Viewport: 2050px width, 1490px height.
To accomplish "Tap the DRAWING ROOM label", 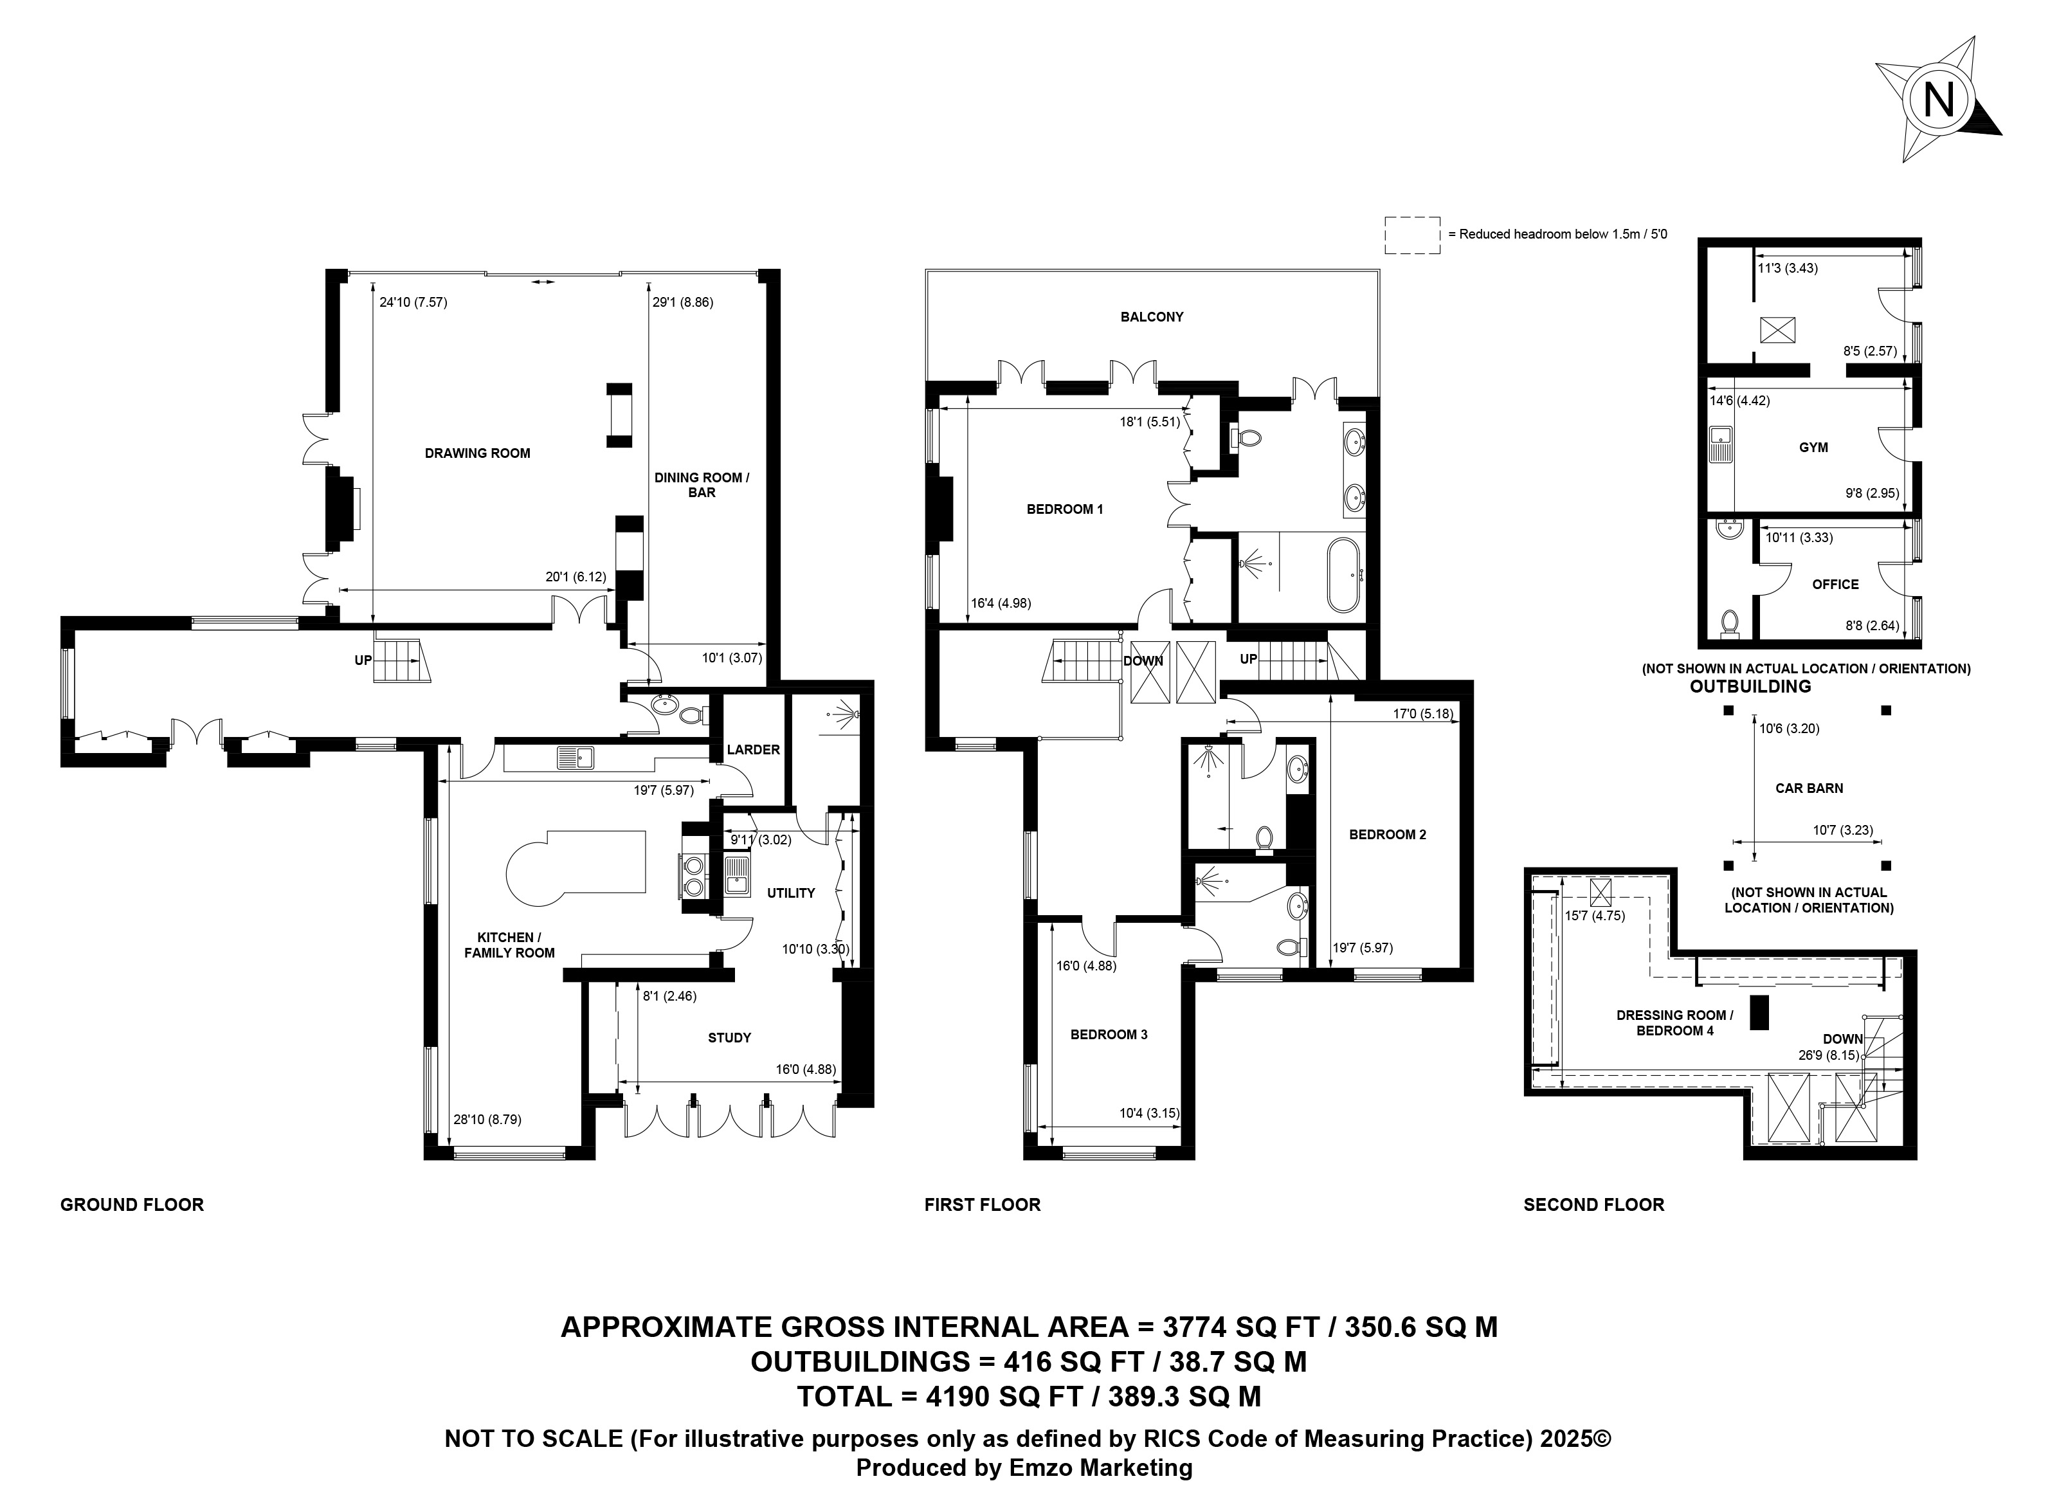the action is tap(477, 453).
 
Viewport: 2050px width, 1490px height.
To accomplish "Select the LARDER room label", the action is tap(753, 750).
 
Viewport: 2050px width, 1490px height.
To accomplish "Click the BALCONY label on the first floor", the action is tap(1152, 317).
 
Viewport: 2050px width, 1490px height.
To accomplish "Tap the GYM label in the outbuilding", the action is tap(1813, 448).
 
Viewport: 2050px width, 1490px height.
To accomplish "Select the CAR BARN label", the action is tap(1809, 788).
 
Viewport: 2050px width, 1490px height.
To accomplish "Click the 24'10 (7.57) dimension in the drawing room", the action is tap(413, 303).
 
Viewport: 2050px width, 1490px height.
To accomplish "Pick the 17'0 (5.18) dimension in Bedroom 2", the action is tap(1422, 713).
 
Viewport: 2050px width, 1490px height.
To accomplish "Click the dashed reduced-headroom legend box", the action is tap(1413, 235).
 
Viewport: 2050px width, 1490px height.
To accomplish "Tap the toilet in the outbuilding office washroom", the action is tap(1730, 623).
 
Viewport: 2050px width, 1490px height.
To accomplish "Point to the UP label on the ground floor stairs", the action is tap(363, 661).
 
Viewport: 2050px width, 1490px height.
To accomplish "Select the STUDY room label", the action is tap(729, 1038).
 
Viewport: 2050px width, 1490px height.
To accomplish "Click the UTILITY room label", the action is tap(791, 893).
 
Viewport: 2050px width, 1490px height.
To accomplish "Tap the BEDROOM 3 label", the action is tap(1109, 1034).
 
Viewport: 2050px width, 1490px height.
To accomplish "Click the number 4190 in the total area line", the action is tap(947, 1396).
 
